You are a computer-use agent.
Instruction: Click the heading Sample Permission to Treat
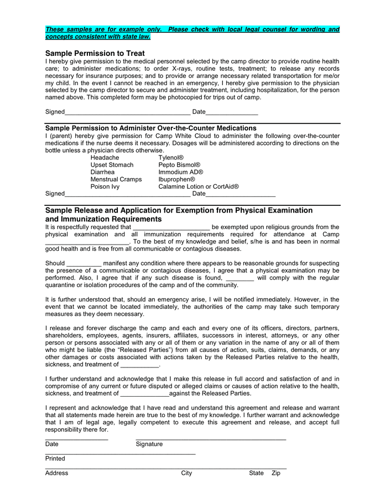[x=95, y=53]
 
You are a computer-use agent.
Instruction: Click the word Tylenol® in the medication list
[x=171, y=158]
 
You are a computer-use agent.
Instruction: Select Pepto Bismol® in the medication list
[x=179, y=165]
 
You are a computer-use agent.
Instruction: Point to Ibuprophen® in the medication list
[x=176, y=179]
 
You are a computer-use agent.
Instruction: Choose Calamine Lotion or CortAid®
[x=199, y=186]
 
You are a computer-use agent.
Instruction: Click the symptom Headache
[x=105, y=158]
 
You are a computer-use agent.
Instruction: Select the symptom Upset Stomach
[x=112, y=165]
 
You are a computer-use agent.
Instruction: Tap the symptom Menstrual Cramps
[x=116, y=179]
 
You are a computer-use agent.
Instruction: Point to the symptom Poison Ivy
[x=105, y=186]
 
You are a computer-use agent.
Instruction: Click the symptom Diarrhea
[x=103, y=172]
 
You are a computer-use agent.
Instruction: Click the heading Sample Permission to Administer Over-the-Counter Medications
[x=150, y=128]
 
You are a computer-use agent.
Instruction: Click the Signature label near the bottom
[x=149, y=444]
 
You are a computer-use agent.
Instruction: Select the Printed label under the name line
[x=55, y=458]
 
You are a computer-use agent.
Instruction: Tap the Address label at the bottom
[x=56, y=473]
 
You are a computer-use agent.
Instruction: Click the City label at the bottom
[x=186, y=473]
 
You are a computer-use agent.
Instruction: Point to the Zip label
[x=276, y=473]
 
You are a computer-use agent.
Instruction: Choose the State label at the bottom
[x=256, y=473]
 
